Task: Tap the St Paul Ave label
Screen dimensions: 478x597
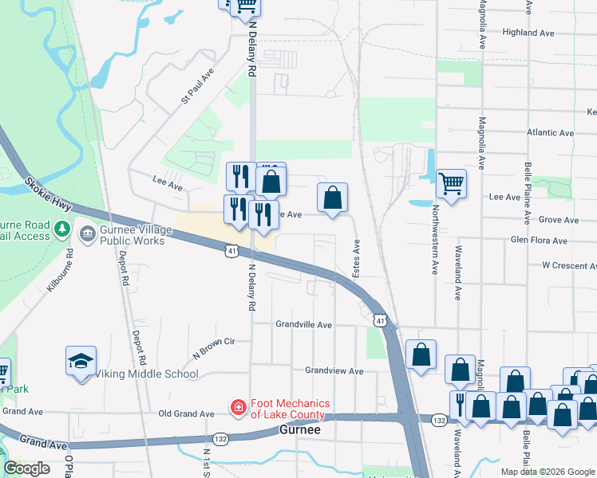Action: pyautogui.click(x=198, y=86)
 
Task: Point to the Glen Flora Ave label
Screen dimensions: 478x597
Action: pyautogui.click(x=539, y=241)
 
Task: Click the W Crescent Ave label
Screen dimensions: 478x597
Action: pyautogui.click(x=568, y=264)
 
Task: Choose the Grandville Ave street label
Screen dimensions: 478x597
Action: pyautogui.click(x=303, y=325)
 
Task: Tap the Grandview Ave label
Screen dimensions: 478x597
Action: pyautogui.click(x=334, y=371)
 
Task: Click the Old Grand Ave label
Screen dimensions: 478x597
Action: pyautogui.click(x=186, y=414)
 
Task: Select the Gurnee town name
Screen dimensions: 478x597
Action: pyautogui.click(x=300, y=429)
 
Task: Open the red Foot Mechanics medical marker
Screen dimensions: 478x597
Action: pyautogui.click(x=238, y=408)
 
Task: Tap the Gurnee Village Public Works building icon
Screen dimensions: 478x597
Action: pyautogui.click(x=86, y=231)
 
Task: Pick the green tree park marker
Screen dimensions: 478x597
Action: pyautogui.click(x=62, y=231)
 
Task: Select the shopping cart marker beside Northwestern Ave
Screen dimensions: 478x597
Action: pyautogui.click(x=451, y=184)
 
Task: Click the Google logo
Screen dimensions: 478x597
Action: pyautogui.click(x=27, y=468)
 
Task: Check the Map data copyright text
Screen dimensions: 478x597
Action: pyautogui.click(x=547, y=472)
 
